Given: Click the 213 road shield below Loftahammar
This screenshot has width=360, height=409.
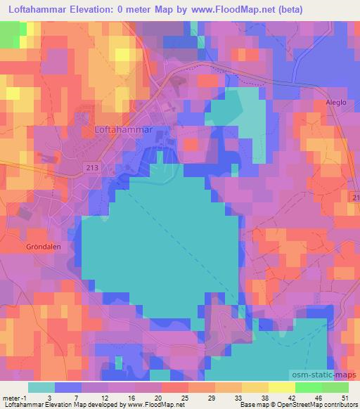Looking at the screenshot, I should coord(90,168).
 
